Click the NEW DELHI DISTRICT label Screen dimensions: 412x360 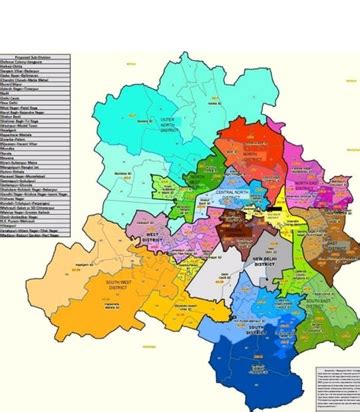[x=265, y=266]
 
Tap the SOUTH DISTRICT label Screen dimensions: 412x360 [x=258, y=331]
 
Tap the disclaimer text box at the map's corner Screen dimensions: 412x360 [x=334, y=385]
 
